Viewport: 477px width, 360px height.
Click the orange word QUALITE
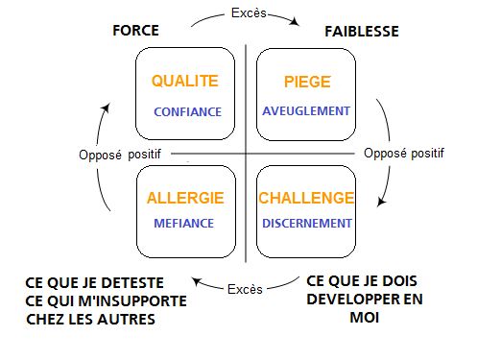(186, 82)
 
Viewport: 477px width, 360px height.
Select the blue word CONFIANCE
(187, 111)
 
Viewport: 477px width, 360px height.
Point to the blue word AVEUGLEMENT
(307, 110)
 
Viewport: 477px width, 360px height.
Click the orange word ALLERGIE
(185, 198)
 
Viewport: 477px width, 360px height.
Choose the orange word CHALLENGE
(306, 198)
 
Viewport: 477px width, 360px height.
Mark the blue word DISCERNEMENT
(307, 225)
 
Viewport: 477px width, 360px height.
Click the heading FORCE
(135, 31)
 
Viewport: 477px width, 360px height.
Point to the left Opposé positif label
(118, 154)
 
